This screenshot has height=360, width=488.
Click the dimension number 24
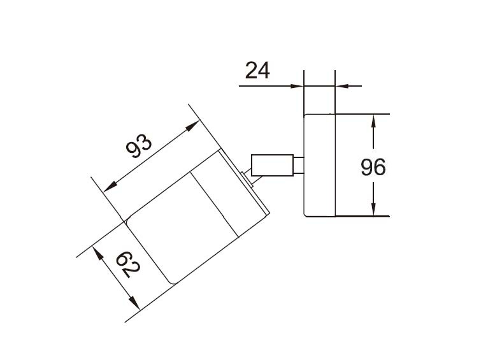click(x=257, y=70)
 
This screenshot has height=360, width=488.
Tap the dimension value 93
click(x=139, y=147)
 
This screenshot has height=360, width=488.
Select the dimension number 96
click(x=373, y=167)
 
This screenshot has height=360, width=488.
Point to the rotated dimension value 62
click(x=128, y=264)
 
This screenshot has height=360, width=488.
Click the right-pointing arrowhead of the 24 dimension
click(x=297, y=86)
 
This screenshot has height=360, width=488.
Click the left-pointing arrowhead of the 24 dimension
click(x=341, y=85)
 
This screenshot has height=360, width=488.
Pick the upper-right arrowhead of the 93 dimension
click(x=192, y=126)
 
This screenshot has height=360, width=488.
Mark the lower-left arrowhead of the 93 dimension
click(x=110, y=187)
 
